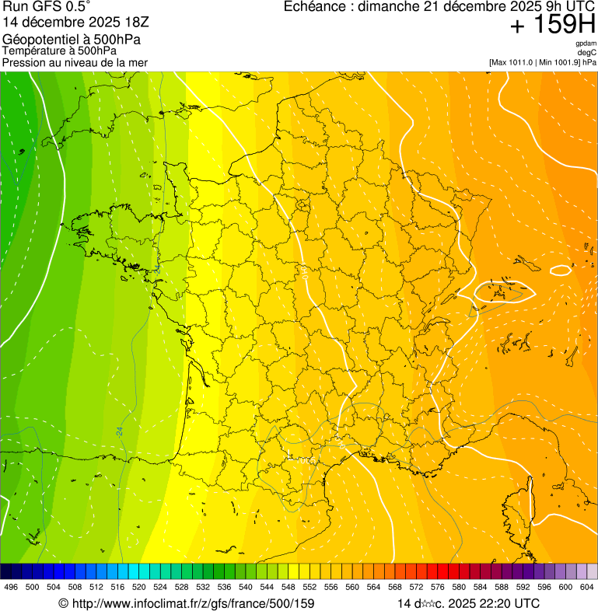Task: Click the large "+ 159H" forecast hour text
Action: (553, 25)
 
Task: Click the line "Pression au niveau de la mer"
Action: (75, 62)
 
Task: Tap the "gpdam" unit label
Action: (586, 44)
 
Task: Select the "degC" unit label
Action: (586, 52)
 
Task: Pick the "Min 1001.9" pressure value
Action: (558, 62)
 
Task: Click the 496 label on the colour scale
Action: (11, 587)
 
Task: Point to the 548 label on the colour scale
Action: (288, 587)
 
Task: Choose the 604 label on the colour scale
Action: (586, 587)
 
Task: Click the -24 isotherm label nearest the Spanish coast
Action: (120, 430)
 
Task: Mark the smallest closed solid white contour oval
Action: (560, 271)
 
